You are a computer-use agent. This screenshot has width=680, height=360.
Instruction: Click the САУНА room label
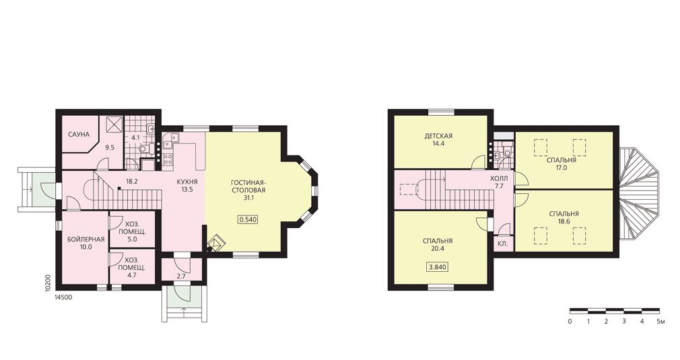click(x=79, y=135)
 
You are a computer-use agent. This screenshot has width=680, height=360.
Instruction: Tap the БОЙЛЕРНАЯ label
click(x=86, y=239)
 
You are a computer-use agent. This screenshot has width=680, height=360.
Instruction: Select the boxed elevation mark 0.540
click(x=248, y=219)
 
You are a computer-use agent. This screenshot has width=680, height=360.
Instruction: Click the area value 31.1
click(x=248, y=198)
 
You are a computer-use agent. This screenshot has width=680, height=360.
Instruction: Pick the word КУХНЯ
click(x=187, y=182)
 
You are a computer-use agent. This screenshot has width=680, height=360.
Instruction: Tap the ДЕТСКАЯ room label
click(x=438, y=136)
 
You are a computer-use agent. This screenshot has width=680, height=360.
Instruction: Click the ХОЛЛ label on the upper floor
click(x=499, y=178)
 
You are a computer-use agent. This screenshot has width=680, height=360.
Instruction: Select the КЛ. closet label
click(x=503, y=244)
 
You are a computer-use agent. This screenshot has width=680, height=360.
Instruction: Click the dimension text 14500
click(x=63, y=297)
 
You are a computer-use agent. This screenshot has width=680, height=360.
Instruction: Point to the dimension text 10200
click(x=48, y=283)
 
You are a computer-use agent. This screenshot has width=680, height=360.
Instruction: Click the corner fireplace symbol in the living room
click(x=215, y=244)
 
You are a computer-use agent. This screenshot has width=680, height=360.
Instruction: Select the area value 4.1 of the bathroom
click(x=135, y=138)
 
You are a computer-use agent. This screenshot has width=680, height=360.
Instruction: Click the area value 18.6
click(x=564, y=221)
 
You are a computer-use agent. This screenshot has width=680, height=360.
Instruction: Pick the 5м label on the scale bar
click(x=660, y=322)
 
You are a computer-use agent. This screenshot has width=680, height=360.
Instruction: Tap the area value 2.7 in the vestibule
click(x=181, y=276)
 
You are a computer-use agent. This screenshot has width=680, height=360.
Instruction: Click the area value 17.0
click(x=562, y=168)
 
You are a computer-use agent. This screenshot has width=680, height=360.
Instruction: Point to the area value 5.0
click(x=132, y=239)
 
